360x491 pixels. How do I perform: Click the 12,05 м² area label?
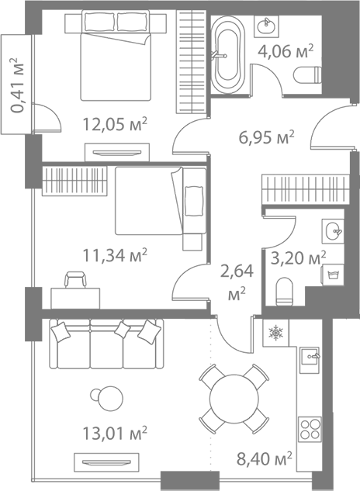(115, 124)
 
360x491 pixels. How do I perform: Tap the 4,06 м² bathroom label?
(286, 51)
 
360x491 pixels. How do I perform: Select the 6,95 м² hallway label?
(267, 137)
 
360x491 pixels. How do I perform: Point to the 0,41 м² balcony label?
(17, 85)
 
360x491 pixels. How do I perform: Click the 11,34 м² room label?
(115, 255)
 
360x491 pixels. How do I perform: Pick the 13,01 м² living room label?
(115, 433)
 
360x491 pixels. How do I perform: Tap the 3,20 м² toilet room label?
(298, 258)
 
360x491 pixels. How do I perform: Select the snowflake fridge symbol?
(275, 332)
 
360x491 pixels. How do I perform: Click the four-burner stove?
(310, 429)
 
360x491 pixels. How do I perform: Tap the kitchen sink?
(310, 360)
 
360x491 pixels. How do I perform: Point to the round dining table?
(234, 399)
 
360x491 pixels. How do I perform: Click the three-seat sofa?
(106, 344)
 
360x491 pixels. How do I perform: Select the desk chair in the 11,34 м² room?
(75, 280)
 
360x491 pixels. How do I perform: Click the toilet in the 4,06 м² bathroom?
(308, 75)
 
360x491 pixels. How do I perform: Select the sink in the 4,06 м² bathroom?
(267, 24)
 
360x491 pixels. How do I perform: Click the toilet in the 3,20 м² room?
(285, 291)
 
